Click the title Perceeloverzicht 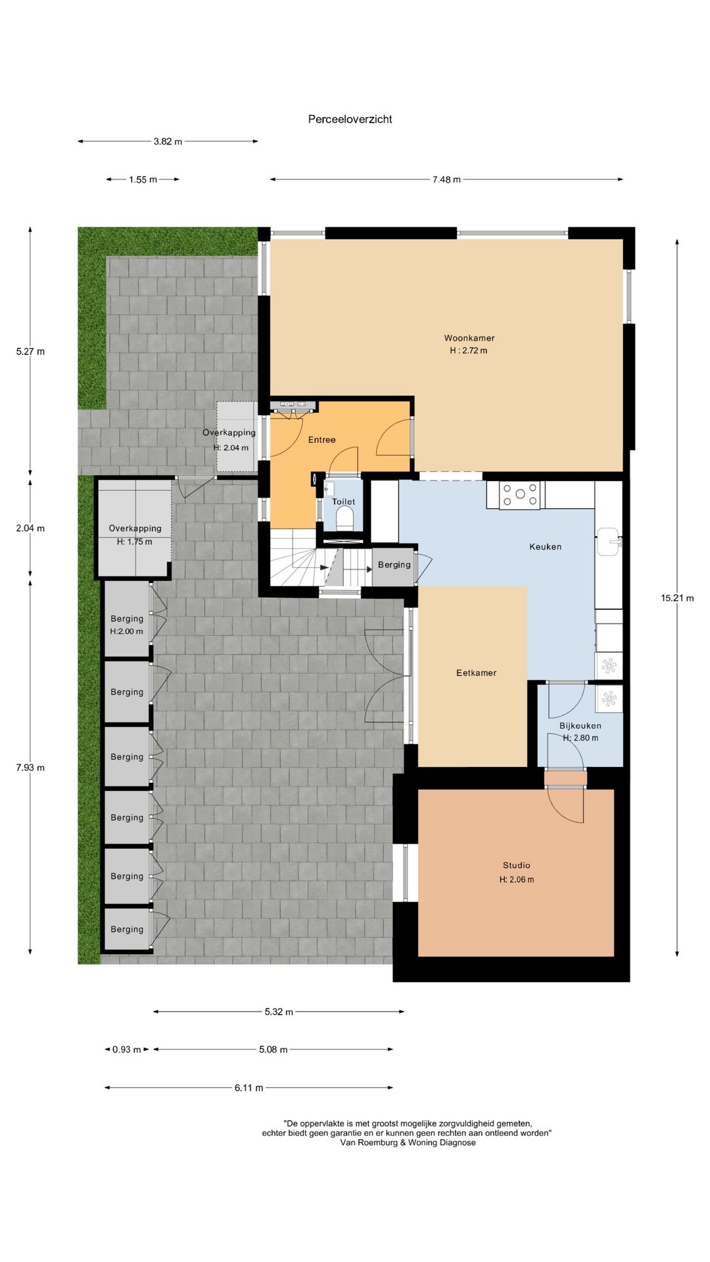(x=350, y=119)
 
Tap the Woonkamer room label (x=469, y=338)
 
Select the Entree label (x=321, y=440)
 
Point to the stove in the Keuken (x=520, y=495)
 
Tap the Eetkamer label (x=476, y=672)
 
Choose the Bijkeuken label (x=580, y=726)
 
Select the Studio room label (x=516, y=865)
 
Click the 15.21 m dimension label (x=677, y=598)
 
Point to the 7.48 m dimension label (x=446, y=179)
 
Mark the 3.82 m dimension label (x=168, y=141)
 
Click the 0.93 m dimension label (x=126, y=1050)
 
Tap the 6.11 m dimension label (x=248, y=1088)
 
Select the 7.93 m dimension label (x=30, y=768)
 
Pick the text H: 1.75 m (x=134, y=542)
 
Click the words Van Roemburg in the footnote (x=369, y=1142)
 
